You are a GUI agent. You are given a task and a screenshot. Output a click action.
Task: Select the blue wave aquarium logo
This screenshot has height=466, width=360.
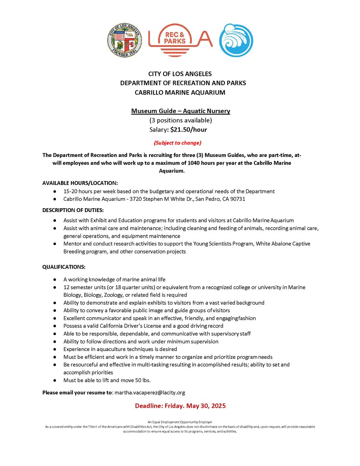coord(236,40)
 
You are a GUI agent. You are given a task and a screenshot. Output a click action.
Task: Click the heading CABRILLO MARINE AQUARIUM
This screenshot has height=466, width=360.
coord(180,92)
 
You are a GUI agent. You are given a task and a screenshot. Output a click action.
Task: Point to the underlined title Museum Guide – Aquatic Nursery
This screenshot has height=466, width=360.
coord(181,111)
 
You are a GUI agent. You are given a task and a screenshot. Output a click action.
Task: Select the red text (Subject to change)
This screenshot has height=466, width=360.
coord(180,143)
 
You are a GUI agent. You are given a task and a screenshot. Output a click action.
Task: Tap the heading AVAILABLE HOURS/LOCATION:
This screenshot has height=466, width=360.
coord(80,183)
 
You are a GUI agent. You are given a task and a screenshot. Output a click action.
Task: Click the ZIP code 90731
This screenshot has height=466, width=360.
coord(237,199)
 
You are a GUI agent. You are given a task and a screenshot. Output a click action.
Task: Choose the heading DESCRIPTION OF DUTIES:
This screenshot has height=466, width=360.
coord(73,210)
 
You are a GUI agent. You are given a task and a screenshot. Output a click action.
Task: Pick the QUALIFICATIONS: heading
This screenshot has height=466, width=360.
coord(64,267)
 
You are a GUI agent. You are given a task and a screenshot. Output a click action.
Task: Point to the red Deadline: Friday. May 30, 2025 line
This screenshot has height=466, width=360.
coord(180,406)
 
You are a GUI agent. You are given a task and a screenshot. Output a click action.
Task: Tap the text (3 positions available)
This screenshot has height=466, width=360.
coord(181,120)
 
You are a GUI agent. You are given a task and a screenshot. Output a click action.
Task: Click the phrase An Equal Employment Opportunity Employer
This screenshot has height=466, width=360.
coord(180,422)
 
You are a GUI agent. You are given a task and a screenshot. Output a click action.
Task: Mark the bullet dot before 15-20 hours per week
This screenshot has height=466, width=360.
coord(56,191)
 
